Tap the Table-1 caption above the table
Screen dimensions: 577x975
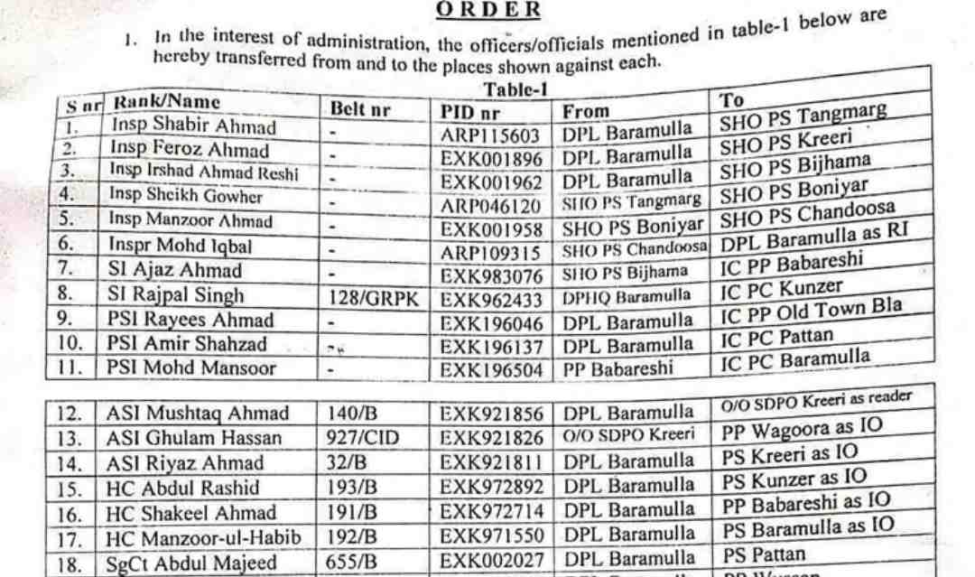click(x=515, y=88)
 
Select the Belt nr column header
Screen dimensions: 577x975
click(x=359, y=110)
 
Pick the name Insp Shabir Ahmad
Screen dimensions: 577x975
click(x=193, y=126)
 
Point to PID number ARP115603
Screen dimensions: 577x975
click(x=490, y=135)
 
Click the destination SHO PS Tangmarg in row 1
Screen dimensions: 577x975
click(x=803, y=118)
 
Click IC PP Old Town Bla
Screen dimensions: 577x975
click(x=811, y=310)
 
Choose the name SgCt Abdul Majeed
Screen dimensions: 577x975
click(x=193, y=563)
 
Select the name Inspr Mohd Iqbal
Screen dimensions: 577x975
click(x=181, y=245)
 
